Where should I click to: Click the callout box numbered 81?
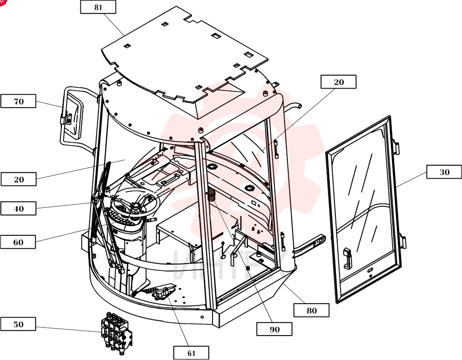pos(98,7)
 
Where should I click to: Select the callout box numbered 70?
pos(18,101)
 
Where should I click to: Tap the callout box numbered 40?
pos(18,209)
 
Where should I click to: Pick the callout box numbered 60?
pos(18,242)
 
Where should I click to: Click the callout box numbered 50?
pos(18,324)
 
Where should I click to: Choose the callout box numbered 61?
pos(191,353)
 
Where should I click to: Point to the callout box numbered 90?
pos(274,329)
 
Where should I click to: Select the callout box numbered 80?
pos(311,310)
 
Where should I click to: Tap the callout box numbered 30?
pos(444,172)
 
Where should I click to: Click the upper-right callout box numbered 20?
pos(339,82)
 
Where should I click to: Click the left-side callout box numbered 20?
pos(18,179)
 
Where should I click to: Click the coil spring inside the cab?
pos(212,195)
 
